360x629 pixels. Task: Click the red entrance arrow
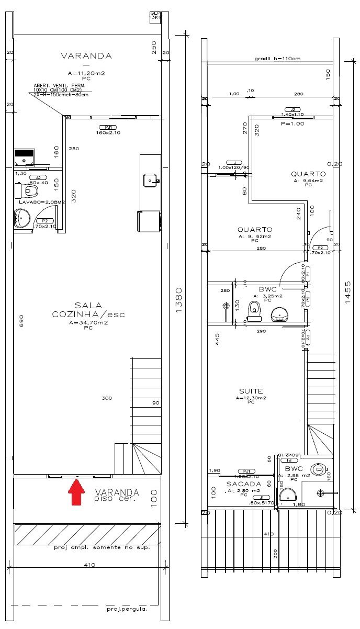77,493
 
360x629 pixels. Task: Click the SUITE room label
251,391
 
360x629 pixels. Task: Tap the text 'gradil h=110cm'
277,59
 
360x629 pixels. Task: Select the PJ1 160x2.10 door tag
109,130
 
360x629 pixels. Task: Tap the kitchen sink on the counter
151,180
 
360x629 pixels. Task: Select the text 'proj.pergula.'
127,609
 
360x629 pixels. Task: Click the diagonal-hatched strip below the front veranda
87,534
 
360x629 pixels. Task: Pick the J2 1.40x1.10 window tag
292,111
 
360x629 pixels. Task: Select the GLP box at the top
155,15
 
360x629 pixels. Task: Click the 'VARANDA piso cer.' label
117,495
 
